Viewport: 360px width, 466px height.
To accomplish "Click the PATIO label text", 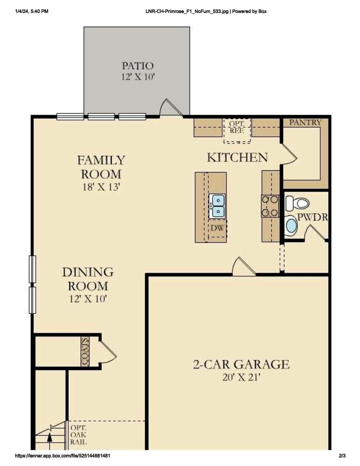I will click(137, 66).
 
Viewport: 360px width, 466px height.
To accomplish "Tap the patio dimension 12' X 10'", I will click(138, 77).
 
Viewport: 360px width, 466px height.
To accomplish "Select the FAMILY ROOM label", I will click(101, 167).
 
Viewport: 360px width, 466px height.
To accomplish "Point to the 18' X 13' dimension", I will click(101, 187).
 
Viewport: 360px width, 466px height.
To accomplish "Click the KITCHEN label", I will click(237, 157).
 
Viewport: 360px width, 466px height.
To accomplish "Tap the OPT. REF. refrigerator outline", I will click(237, 130).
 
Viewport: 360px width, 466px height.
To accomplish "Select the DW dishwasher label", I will click(217, 228).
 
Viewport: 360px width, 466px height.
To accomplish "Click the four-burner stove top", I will click(270, 206).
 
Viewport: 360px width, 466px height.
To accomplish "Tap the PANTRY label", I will click(305, 122).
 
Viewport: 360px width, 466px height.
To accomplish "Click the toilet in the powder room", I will click(297, 203).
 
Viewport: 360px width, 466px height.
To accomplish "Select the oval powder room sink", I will click(291, 226).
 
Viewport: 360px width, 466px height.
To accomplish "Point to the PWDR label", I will click(313, 217).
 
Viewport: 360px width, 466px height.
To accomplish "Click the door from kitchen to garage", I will click(244, 267).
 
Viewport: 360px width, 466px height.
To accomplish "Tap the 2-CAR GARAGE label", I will click(241, 364).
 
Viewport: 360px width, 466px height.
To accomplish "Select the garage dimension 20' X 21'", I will click(241, 377).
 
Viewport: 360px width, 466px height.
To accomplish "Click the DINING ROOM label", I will click(88, 279).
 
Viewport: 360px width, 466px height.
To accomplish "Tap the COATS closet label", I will click(85, 352).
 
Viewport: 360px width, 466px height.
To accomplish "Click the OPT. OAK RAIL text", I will click(78, 435).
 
